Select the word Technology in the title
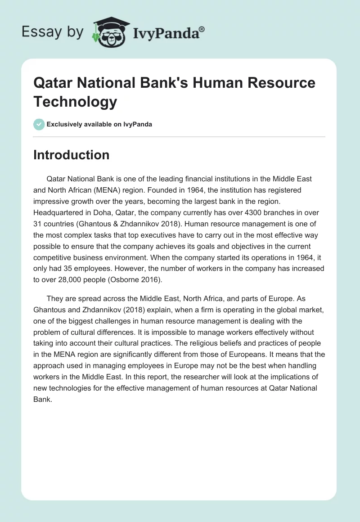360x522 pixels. (x=75, y=101)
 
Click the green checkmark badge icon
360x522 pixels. (x=39, y=124)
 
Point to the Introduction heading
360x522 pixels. (x=72, y=155)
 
